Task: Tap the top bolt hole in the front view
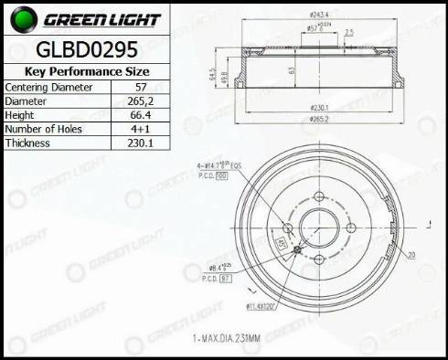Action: coord(318,196)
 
